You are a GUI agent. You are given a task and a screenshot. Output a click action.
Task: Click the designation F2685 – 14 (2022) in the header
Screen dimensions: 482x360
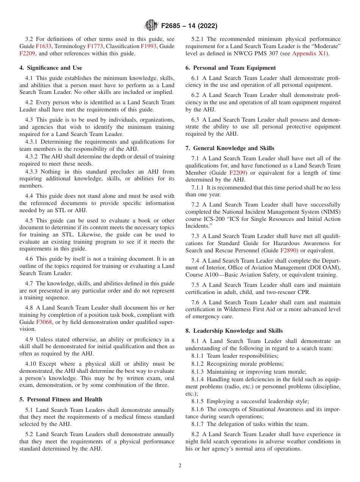[x=189, y=26]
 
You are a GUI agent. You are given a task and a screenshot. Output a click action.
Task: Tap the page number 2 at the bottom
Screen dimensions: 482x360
[x=180, y=466]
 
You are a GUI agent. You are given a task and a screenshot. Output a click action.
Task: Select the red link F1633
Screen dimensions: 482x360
[x=44, y=46]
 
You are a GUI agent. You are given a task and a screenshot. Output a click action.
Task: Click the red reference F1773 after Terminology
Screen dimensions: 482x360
[x=95, y=46]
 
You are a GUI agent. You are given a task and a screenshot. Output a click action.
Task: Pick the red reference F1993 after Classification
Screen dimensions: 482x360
[x=148, y=46]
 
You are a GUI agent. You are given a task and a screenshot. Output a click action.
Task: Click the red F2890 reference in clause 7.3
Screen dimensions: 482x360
[x=288, y=250]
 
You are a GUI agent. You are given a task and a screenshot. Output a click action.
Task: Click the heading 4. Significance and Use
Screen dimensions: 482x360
[x=51, y=68]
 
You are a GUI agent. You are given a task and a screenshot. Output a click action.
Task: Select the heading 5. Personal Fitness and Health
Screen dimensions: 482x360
[x=61, y=399]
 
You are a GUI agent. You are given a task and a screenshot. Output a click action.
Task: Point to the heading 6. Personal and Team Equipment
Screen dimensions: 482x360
[x=230, y=68]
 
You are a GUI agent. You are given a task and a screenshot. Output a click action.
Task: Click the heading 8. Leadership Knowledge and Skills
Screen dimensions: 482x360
[x=234, y=331]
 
